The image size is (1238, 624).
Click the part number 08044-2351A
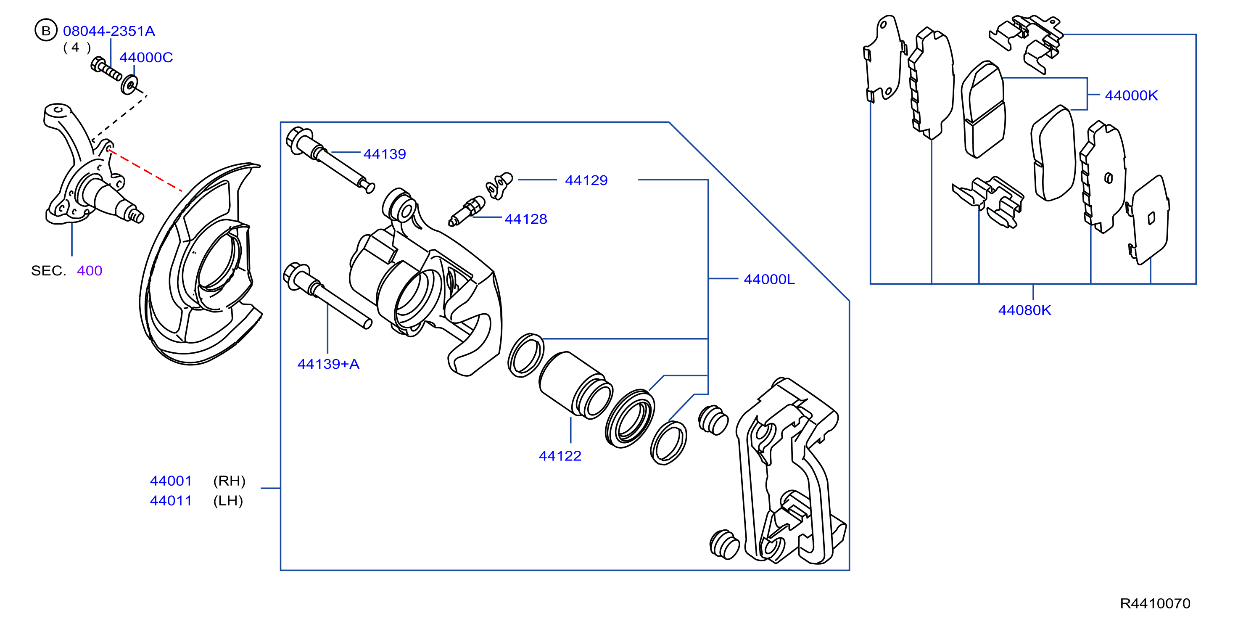pos(109,31)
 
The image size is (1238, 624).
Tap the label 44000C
pos(146,58)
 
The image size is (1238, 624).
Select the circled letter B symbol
pos(46,31)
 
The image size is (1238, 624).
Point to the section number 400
pos(90,271)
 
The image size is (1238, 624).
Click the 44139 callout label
pos(385,154)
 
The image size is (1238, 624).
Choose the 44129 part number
pos(586,181)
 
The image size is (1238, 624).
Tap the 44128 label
pos(526,219)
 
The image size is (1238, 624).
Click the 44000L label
pos(769,280)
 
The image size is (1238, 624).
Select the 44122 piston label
pos(560,456)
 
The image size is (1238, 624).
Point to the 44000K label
pos(1131,96)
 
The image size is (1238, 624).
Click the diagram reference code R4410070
pos(1155,604)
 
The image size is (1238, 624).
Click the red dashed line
pos(145,171)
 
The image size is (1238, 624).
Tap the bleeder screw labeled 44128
pos(466,211)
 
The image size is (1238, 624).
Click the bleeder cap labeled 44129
pos(499,185)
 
